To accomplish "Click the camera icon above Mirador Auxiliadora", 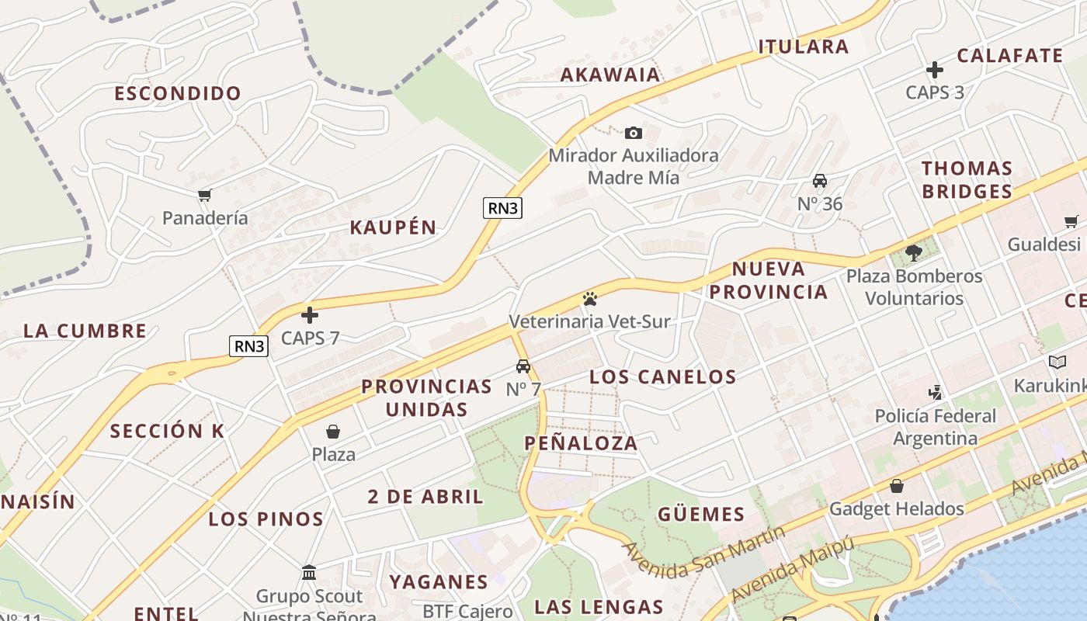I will click(633, 133).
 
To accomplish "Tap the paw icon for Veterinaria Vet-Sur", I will click(589, 298).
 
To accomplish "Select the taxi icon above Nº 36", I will click(819, 181).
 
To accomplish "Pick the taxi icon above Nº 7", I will click(523, 366).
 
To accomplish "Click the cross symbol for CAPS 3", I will click(935, 70).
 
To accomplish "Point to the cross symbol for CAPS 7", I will click(310, 315).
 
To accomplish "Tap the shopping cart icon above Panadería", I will click(204, 196).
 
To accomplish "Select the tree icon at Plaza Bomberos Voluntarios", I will click(914, 252).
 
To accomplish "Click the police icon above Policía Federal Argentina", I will click(936, 392).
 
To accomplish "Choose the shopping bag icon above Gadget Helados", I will click(897, 486).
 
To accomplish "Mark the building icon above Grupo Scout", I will click(309, 573).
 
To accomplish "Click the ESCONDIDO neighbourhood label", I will click(178, 94).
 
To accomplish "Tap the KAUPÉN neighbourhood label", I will click(393, 227).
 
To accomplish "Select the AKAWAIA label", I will click(610, 75).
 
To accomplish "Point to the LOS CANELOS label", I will click(662, 377).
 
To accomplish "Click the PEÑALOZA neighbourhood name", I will click(581, 443).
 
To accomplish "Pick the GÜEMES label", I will click(701, 514).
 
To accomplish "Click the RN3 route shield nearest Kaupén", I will click(502, 207).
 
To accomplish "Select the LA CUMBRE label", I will click(85, 331).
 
